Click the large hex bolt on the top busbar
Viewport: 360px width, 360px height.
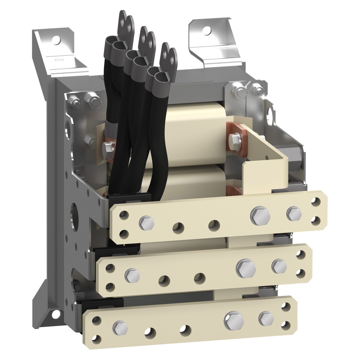point(260,215)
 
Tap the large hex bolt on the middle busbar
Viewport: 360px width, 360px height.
point(246,267)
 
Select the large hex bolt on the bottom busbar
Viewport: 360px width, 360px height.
point(233,320)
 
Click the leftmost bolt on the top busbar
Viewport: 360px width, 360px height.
point(146,223)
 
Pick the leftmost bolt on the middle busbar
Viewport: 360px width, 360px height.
point(132,275)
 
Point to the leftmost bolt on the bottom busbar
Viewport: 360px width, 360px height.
point(120,327)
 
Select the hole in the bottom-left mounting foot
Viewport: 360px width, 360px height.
point(55,314)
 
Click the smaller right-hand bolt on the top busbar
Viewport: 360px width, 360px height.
point(294,214)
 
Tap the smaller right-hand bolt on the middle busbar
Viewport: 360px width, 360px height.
point(279,266)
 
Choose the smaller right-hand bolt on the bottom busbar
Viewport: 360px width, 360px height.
point(266,319)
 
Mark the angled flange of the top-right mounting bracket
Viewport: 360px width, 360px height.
point(216,50)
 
